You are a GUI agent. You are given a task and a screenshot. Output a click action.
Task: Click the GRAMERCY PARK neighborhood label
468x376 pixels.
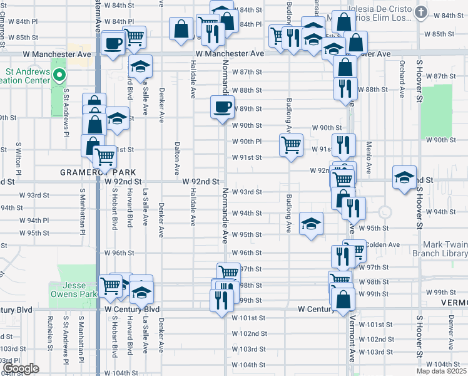pyautogui.click(x=88, y=171)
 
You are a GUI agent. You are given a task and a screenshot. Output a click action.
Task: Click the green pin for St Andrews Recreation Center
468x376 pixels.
pyautogui.click(x=59, y=77)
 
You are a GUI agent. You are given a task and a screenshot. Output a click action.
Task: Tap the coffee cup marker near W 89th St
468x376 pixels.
pyautogui.click(x=221, y=107)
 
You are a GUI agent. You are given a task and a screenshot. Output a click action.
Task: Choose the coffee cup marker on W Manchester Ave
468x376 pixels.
pyautogui.click(x=113, y=43)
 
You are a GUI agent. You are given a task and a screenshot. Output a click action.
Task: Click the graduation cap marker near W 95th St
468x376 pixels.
pyautogui.click(x=311, y=224)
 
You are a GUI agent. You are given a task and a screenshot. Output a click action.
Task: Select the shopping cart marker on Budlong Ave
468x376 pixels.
pyautogui.click(x=291, y=145)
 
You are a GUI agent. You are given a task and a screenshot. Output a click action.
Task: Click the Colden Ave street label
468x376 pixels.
pyautogui.click(x=385, y=244)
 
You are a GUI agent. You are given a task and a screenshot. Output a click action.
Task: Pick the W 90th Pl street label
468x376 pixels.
pyautogui.click(x=247, y=142)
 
